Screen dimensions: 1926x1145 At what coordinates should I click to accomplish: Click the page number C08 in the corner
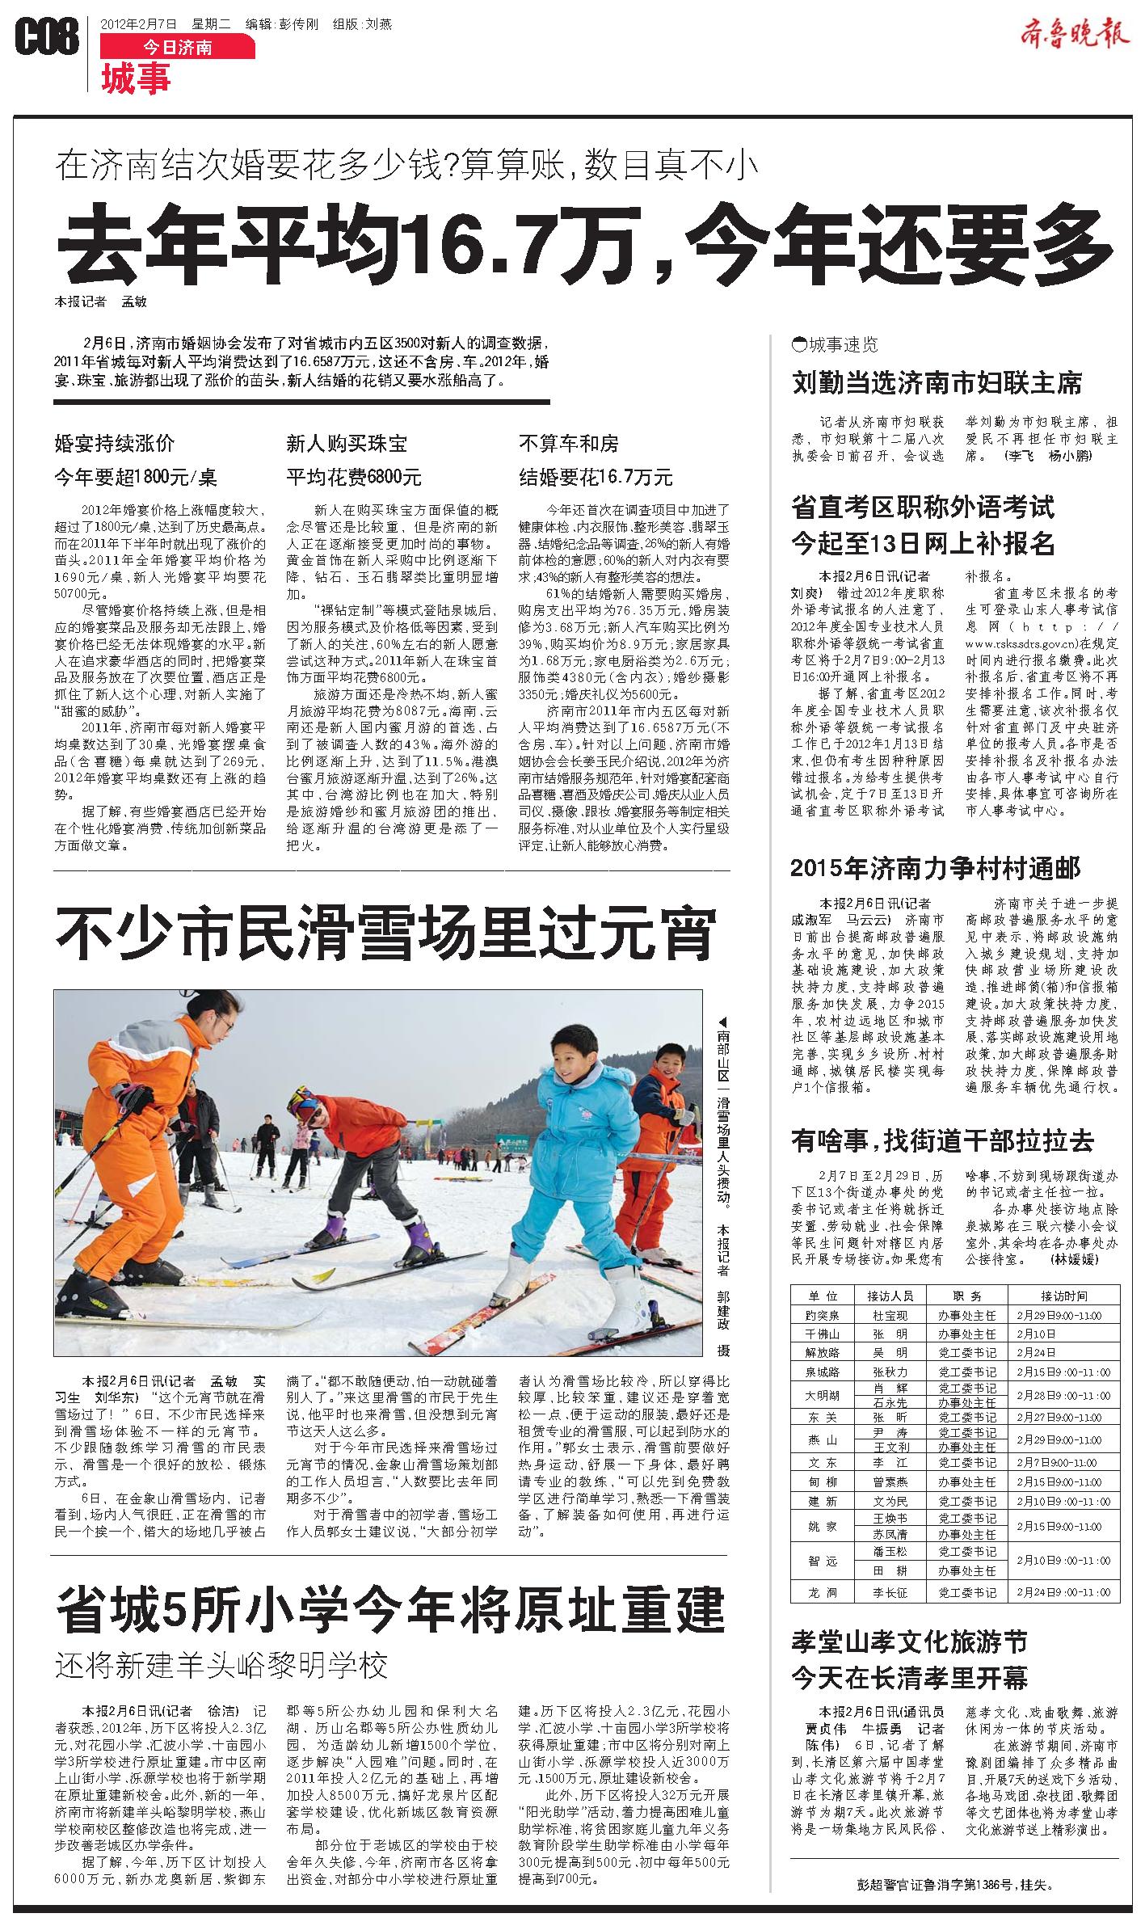point(46,38)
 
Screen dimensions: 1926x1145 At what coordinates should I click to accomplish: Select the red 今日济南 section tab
point(177,48)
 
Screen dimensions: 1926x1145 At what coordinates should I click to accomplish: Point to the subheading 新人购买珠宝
point(347,443)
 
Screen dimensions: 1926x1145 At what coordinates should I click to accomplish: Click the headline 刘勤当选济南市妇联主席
point(937,383)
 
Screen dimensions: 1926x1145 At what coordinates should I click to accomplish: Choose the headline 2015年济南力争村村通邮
point(935,869)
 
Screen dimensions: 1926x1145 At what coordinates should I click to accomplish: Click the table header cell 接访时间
point(1063,1295)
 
